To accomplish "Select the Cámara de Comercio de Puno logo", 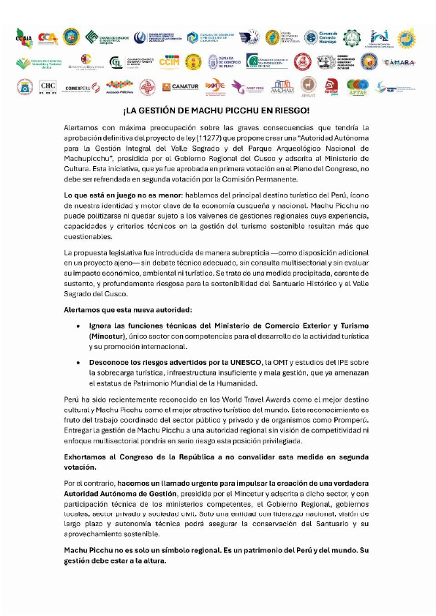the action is (227, 62).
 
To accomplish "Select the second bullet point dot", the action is (88, 362).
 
